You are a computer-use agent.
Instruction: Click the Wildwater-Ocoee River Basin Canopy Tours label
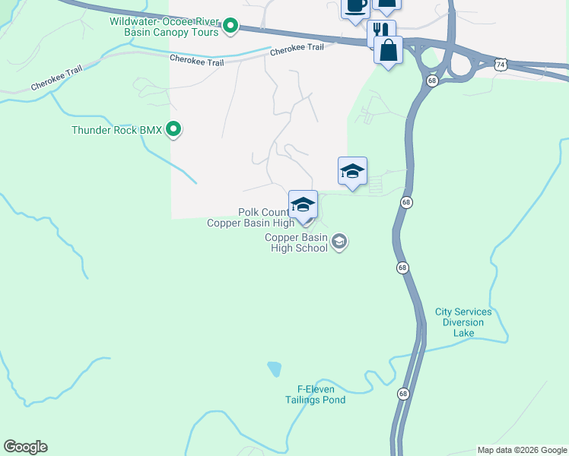(x=164, y=27)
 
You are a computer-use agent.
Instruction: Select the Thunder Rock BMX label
(x=116, y=130)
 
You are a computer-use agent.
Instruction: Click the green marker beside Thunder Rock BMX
(x=173, y=130)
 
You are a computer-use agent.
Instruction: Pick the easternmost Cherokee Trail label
(x=297, y=47)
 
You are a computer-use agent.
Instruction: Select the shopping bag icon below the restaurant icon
(x=388, y=51)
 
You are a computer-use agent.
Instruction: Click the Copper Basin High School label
(x=296, y=243)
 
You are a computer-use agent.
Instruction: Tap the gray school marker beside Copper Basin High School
(x=339, y=242)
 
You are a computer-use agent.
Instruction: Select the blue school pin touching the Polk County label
(x=303, y=204)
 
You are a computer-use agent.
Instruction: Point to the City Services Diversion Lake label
(x=463, y=322)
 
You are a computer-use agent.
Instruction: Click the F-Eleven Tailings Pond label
(x=316, y=394)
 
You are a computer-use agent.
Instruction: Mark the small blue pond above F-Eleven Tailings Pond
(x=274, y=369)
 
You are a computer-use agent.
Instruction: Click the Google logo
(x=25, y=447)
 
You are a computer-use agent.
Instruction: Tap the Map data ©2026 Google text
(x=522, y=450)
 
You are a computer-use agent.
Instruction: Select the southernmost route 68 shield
(x=402, y=393)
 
